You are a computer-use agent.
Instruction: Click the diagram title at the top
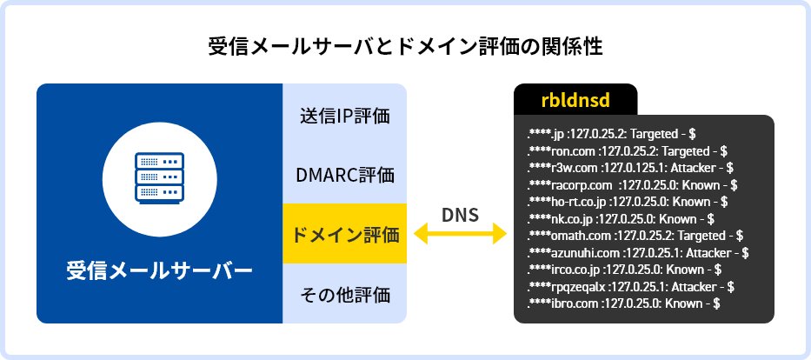pyautogui.click(x=405, y=46)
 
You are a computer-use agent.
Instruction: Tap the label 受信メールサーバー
pyautogui.click(x=159, y=270)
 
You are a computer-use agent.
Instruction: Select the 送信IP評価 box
pyautogui.click(x=344, y=116)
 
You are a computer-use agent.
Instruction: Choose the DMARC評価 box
pyautogui.click(x=344, y=175)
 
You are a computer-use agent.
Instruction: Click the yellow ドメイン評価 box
pyautogui.click(x=344, y=234)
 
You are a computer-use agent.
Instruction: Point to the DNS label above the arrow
pyautogui.click(x=460, y=215)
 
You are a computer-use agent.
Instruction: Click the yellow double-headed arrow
pyautogui.click(x=460, y=234)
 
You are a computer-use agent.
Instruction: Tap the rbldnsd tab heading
pyautogui.click(x=575, y=100)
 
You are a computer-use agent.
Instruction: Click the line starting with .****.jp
pyautogui.click(x=612, y=135)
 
